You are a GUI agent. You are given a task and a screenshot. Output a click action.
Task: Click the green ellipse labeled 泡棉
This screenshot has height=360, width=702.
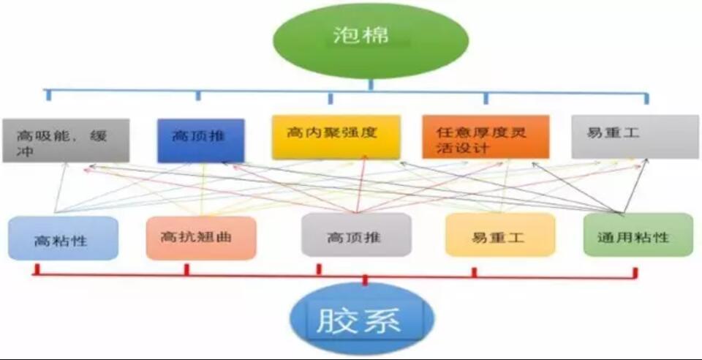pos(370,40)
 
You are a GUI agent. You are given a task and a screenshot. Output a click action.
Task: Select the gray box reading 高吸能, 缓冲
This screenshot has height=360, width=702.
pos(66,140)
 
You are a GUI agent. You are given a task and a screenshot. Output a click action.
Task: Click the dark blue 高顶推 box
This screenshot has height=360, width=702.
pos(201,140)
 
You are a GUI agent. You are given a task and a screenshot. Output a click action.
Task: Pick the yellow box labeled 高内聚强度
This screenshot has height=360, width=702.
pos(336,137)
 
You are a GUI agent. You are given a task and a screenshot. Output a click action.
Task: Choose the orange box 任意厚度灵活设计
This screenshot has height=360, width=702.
pos(486,137)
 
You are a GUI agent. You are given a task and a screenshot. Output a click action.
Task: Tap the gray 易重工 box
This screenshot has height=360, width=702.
pos(635,137)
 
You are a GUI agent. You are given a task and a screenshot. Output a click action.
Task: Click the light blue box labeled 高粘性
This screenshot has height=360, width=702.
pos(63,239)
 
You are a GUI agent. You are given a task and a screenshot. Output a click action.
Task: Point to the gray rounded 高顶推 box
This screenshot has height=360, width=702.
pos(356,235)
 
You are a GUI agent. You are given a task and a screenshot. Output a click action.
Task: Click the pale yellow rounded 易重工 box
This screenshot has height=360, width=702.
pos(500,235)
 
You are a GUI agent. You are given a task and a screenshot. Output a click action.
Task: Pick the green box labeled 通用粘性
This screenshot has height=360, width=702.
pos(638,235)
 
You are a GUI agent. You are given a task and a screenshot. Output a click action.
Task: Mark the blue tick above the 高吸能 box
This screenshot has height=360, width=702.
pos(48,95)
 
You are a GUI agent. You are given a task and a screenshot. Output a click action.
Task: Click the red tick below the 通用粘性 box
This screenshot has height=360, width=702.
pos(635,273)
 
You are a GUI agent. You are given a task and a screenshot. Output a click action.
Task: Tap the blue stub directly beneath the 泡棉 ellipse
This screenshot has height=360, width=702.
pos(370,84)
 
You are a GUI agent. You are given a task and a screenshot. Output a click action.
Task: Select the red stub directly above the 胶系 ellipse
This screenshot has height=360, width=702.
pos(365,280)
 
